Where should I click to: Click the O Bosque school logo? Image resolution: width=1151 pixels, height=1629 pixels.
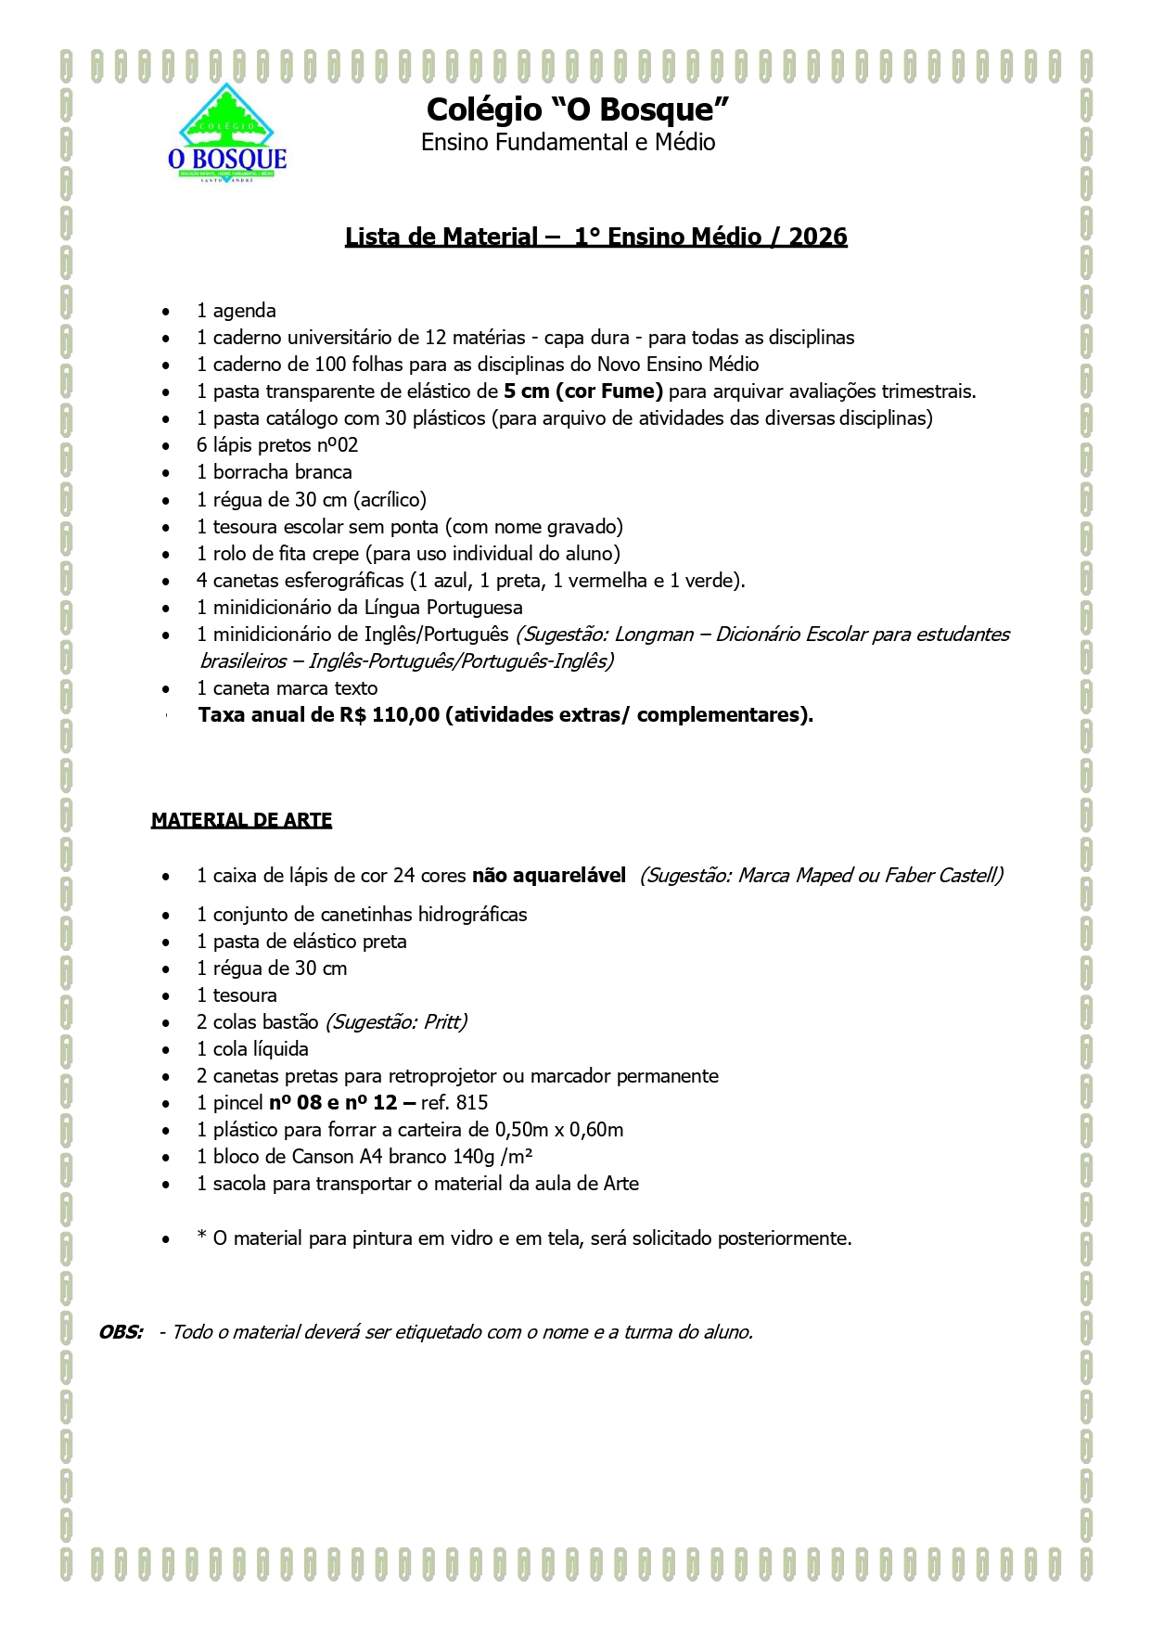[x=227, y=134]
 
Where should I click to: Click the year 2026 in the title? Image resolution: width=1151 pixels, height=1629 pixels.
[x=817, y=237]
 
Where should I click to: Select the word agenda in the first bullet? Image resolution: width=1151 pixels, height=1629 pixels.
[x=245, y=311]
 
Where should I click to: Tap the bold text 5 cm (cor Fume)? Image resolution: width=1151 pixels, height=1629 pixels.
[x=583, y=391]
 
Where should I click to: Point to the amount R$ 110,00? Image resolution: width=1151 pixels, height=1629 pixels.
[x=390, y=715]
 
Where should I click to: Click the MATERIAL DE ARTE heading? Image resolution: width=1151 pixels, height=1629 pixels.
[x=241, y=820]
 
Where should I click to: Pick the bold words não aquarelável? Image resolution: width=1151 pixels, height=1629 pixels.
[x=549, y=876]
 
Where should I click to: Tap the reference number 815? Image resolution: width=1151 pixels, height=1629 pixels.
[x=472, y=1103]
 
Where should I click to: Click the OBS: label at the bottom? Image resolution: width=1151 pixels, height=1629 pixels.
[x=121, y=1332]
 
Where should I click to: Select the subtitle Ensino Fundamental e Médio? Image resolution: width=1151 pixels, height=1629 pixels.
[x=568, y=143]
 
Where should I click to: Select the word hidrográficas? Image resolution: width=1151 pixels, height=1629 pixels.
[x=472, y=915]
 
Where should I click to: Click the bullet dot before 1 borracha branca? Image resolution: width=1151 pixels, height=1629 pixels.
[x=166, y=473]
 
